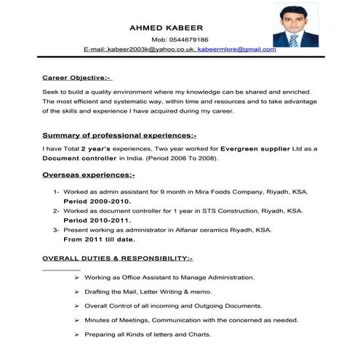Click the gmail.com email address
click(x=237, y=49)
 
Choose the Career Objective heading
click(x=76, y=76)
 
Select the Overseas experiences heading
click(x=89, y=175)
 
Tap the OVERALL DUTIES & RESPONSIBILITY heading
click(x=118, y=258)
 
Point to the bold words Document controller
click(x=80, y=157)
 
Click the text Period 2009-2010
click(x=97, y=200)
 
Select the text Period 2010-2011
click(x=97, y=220)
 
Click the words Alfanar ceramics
click(x=203, y=229)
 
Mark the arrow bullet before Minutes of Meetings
click(x=77, y=320)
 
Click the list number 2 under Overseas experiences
click(x=56, y=210)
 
